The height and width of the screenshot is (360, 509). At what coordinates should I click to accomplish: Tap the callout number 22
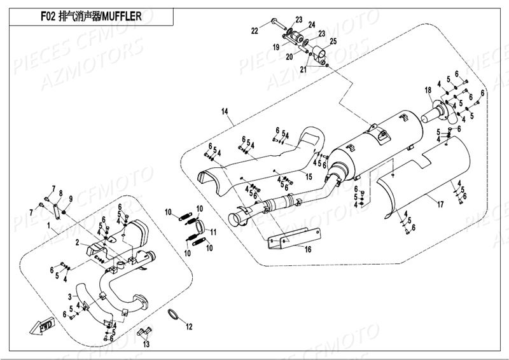[254, 31]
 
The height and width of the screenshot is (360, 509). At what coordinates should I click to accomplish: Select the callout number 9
[70, 199]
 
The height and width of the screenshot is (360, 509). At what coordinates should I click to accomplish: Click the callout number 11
[214, 231]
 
